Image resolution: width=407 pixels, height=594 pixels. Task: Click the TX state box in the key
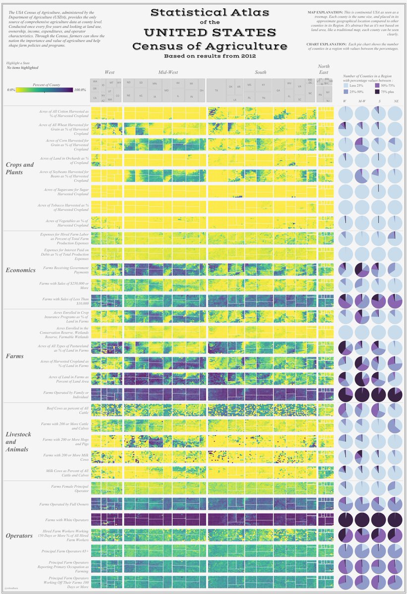tap(216, 91)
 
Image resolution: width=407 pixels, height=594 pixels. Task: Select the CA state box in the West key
tap(95, 98)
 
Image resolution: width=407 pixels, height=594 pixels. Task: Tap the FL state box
tap(289, 96)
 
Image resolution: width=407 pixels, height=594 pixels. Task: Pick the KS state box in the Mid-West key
tap(141, 95)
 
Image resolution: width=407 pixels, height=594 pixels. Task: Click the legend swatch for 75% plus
tap(378, 92)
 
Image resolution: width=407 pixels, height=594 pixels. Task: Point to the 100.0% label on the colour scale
tap(80, 90)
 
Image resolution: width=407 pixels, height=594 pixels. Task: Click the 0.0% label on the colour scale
tap(11, 90)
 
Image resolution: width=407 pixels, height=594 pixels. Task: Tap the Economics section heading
tap(20, 270)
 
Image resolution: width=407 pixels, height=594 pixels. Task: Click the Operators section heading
tap(19, 536)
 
